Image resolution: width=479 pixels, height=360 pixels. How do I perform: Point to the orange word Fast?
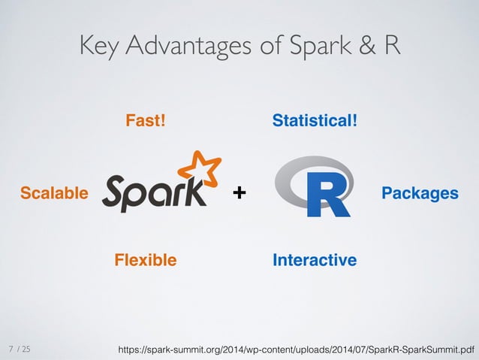(145, 120)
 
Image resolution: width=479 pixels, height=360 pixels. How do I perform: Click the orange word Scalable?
(53, 193)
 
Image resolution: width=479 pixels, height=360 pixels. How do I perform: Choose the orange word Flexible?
(145, 260)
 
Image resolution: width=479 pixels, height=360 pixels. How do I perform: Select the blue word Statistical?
(315, 120)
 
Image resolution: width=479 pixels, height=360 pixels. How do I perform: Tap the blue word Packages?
(420, 193)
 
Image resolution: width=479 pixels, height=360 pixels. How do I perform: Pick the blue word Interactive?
(315, 260)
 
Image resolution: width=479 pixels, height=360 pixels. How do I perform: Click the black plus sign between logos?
(239, 194)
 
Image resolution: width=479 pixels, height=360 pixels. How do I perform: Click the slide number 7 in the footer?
(11, 349)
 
